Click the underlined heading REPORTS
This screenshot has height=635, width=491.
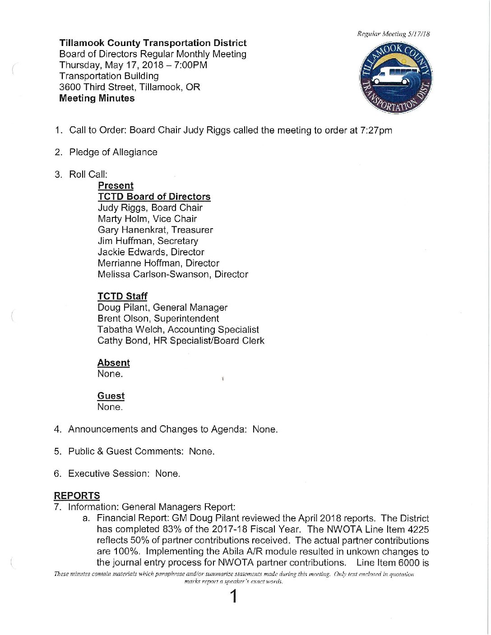(x=77, y=496)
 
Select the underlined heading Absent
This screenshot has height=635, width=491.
(x=113, y=363)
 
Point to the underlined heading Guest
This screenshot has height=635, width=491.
(x=111, y=396)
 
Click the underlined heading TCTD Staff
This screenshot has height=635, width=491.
(x=122, y=296)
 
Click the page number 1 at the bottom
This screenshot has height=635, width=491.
(x=234, y=597)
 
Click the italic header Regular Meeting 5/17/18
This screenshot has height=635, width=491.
(x=393, y=34)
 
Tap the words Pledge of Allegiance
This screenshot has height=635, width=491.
(x=113, y=152)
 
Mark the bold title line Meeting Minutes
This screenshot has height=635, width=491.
(x=97, y=98)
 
